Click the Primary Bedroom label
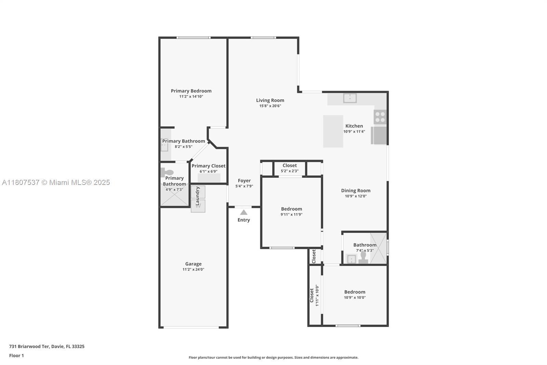coord(191,91)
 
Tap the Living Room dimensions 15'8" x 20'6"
coord(270,106)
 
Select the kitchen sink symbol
coord(350,98)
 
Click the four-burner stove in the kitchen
coord(380,117)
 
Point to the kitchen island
coord(333,131)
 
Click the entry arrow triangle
coord(243,212)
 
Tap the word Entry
coord(244,220)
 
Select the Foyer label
coord(244,180)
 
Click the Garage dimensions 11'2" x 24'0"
coord(194,269)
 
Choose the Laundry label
coord(198,196)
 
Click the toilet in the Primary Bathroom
coord(167,172)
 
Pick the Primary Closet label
coord(209,166)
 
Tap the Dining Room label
coord(356,191)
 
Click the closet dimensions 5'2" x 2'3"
coord(290,171)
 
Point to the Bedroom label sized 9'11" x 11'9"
coord(292,209)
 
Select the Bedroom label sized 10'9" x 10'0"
coord(355,292)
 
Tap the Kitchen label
coord(354,126)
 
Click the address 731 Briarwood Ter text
coord(29,347)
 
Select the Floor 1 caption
coord(16,356)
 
